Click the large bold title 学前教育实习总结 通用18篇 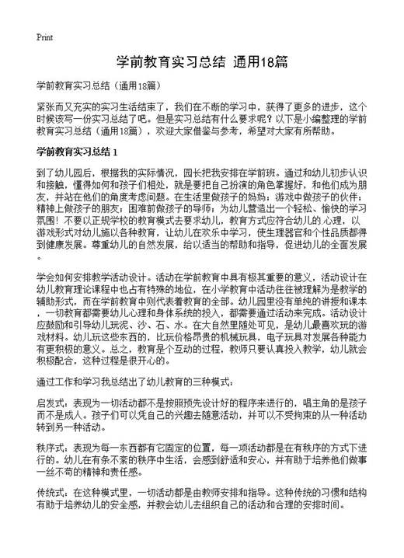click(201, 61)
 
